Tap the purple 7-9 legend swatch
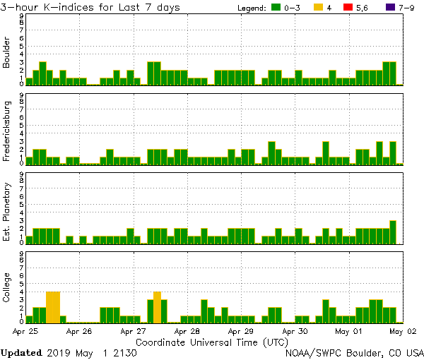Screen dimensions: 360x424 [x=385, y=7]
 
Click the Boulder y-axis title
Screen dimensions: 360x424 [x=7, y=53]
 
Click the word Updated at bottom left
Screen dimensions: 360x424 [x=21, y=352]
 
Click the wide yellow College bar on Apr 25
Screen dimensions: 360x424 [x=53, y=306]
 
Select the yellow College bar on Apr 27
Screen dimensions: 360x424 [x=157, y=306]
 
